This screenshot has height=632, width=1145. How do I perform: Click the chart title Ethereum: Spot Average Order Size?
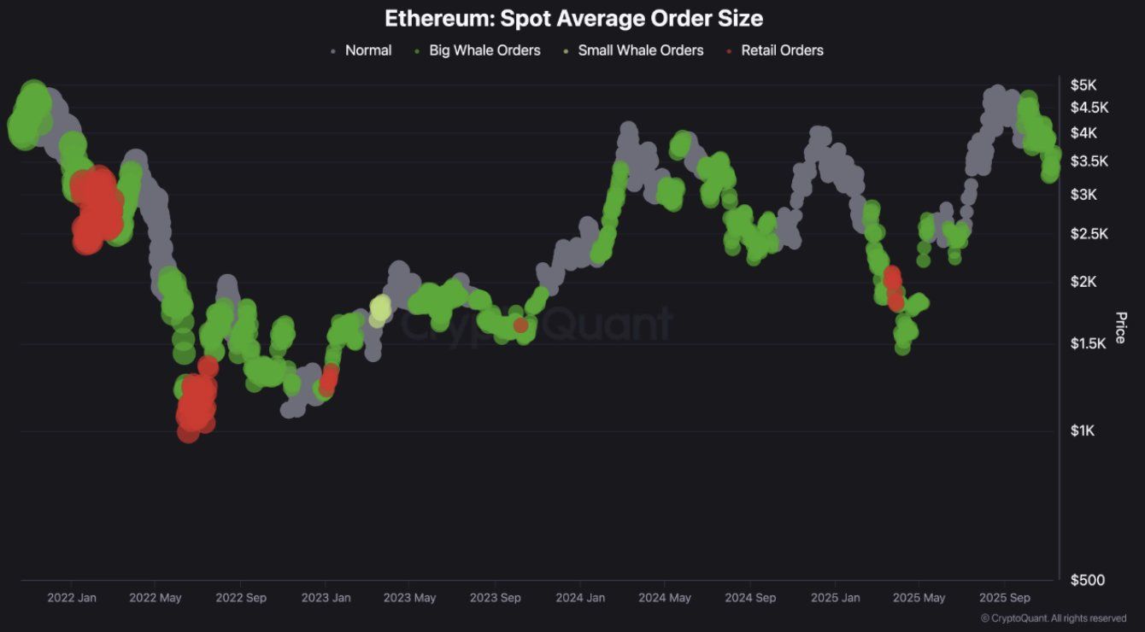[572, 18]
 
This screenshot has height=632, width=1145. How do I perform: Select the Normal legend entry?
[367, 50]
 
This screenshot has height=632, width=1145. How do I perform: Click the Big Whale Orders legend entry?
[484, 50]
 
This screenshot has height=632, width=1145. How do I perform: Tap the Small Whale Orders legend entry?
[640, 50]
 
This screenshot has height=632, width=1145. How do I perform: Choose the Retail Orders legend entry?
[781, 50]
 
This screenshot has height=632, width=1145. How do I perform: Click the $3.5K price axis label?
[1089, 161]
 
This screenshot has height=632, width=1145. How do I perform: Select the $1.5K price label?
[1089, 342]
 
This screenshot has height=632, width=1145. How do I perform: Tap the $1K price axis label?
[1084, 430]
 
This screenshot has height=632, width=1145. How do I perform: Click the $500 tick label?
[1087, 580]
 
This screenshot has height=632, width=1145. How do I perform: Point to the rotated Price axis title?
[1120, 328]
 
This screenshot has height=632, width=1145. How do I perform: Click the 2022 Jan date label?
[72, 598]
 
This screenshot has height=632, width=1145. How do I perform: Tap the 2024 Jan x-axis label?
[581, 598]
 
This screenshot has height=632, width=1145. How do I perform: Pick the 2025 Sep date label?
[1004, 598]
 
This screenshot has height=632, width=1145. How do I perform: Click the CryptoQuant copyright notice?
[1053, 618]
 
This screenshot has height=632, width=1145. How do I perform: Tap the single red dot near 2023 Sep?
[520, 325]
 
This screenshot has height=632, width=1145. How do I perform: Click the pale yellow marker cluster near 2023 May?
[380, 309]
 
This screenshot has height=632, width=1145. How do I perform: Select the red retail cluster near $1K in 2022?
[196, 406]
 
